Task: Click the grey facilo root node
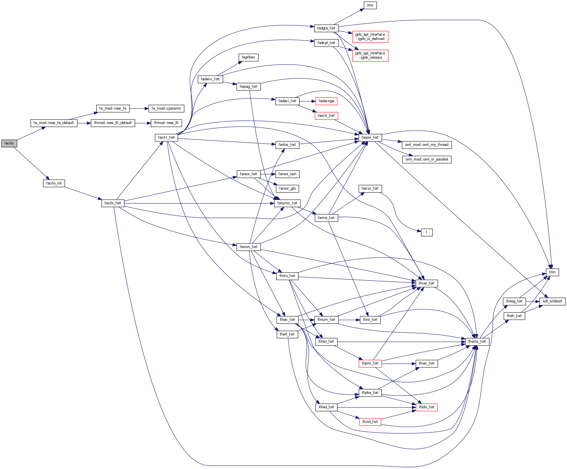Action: click(9, 143)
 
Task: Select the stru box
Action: click(370, 5)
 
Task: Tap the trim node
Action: click(552, 272)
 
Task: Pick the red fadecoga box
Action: click(326, 101)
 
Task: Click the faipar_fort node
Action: click(370, 138)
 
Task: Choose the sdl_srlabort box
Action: click(552, 301)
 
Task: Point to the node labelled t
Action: click(426, 232)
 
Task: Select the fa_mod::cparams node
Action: click(166, 108)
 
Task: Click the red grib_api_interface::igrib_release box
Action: click(370, 55)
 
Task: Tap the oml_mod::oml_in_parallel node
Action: click(427, 159)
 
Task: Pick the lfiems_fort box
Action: click(477, 342)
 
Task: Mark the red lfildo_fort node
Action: click(427, 407)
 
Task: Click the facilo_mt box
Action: click(54, 183)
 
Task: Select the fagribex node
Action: click(248, 57)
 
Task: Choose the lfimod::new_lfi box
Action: click(166, 123)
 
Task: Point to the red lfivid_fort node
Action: click(370, 422)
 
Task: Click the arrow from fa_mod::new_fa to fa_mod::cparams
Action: click(139, 108)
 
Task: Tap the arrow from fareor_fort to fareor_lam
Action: click(268, 174)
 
